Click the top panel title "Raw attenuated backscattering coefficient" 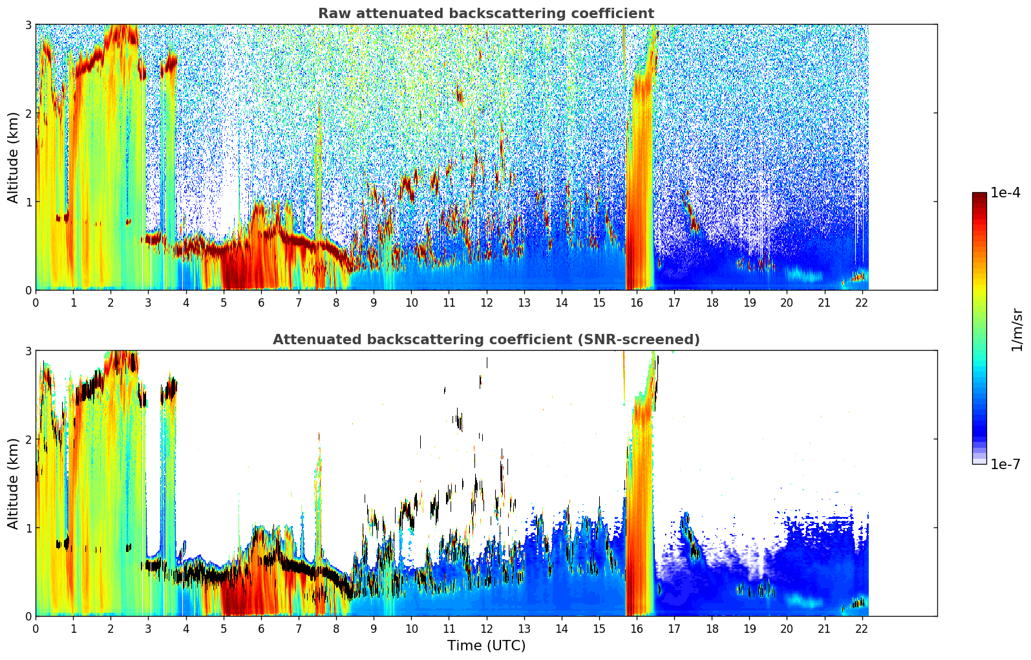point(485,14)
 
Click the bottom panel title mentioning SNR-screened point(485,340)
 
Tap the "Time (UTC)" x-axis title point(486,646)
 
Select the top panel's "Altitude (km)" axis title point(13,157)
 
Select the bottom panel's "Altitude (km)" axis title point(13,483)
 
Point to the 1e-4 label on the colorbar point(1005,193)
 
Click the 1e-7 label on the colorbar point(1005,464)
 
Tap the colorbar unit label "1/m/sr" point(1017,329)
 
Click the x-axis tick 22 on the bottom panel point(862,629)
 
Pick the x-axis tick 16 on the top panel point(637,303)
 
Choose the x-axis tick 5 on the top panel point(224,303)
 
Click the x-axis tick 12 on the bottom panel point(486,629)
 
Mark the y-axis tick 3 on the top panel point(28,25)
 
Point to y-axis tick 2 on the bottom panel point(28,439)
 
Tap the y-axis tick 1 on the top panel point(28,202)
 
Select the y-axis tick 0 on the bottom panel point(28,616)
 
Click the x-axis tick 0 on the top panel point(36,303)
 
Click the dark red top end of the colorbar point(979,195)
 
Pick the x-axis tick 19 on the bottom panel point(749,629)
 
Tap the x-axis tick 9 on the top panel point(374,303)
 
